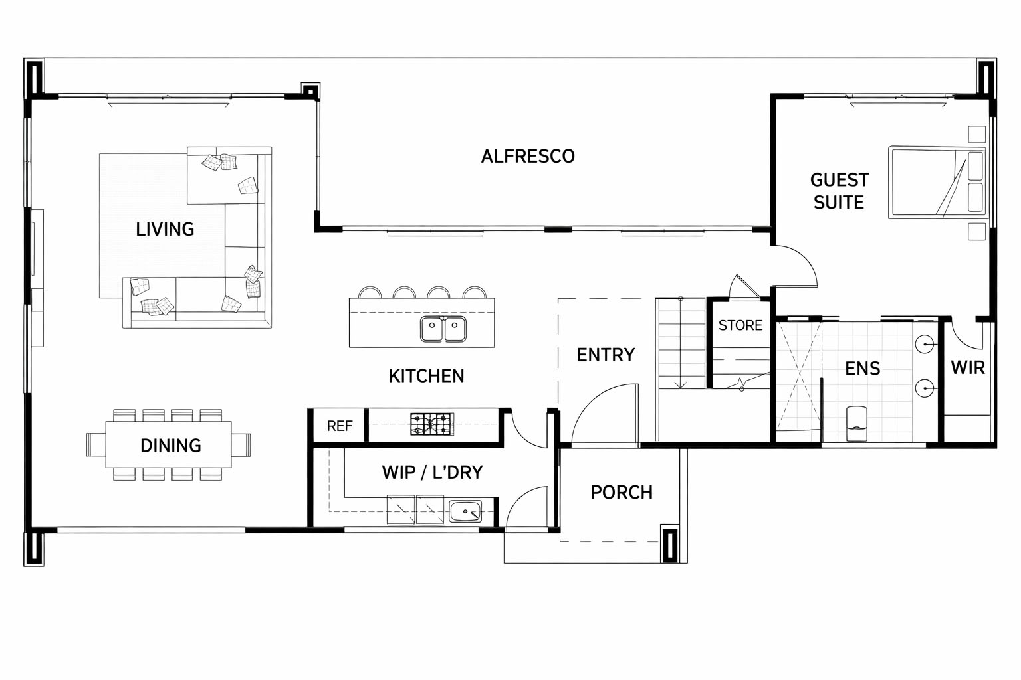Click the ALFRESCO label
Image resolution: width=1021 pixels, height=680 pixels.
tap(528, 156)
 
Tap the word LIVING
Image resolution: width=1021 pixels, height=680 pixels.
tap(165, 229)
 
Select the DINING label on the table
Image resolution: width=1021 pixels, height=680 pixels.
tap(170, 446)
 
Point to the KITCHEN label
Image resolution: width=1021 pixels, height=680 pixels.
tap(426, 376)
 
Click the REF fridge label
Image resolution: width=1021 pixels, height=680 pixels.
tap(340, 426)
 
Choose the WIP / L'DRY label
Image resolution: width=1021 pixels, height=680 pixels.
tap(432, 472)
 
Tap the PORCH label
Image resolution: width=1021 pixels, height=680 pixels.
tap(622, 492)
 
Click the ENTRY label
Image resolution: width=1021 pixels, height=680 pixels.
tap(606, 355)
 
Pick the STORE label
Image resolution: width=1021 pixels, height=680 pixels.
tap(740, 325)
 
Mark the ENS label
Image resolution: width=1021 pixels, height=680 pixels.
tap(862, 369)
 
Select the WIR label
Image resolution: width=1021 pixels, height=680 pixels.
tap(968, 367)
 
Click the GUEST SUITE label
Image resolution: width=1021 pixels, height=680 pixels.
tap(839, 191)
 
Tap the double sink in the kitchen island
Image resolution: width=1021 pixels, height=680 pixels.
tap(443, 329)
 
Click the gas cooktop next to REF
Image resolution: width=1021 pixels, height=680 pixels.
tap(432, 424)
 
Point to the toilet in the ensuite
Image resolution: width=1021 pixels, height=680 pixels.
tap(856, 423)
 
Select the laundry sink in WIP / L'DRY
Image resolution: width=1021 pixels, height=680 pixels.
tap(465, 511)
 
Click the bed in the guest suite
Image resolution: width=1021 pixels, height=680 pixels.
tap(937, 182)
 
